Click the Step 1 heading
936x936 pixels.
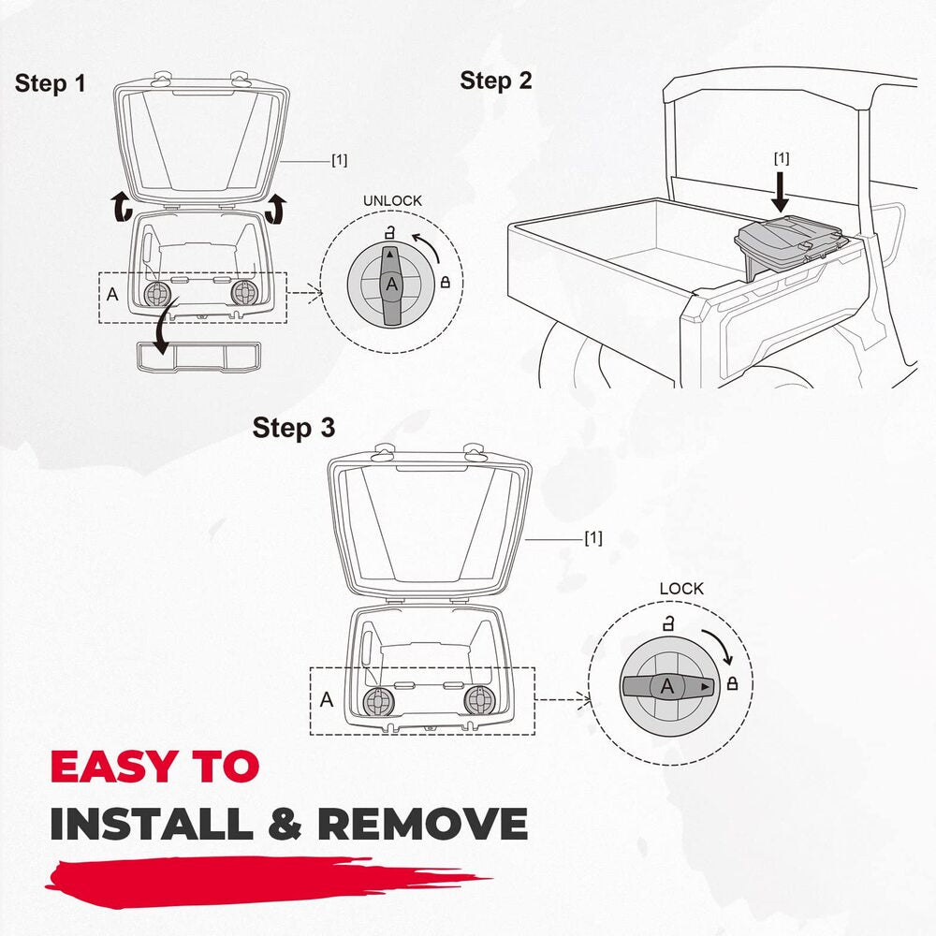[51, 83]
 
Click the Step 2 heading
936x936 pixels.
[495, 80]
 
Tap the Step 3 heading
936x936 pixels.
[294, 428]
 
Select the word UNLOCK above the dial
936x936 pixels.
[392, 200]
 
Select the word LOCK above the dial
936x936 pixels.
[681, 589]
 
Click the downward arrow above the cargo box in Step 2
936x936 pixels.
[780, 191]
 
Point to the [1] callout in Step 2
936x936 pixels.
[782, 158]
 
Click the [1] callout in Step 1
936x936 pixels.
[339, 160]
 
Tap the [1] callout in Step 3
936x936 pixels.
[593, 538]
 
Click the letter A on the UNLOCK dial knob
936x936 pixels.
[391, 285]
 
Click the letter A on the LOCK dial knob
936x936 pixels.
[667, 686]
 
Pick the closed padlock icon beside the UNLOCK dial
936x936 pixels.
[445, 282]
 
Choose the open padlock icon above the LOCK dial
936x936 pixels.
[668, 623]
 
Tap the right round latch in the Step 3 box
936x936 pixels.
[480, 699]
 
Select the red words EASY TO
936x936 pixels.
[154, 766]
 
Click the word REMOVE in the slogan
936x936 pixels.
[422, 824]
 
